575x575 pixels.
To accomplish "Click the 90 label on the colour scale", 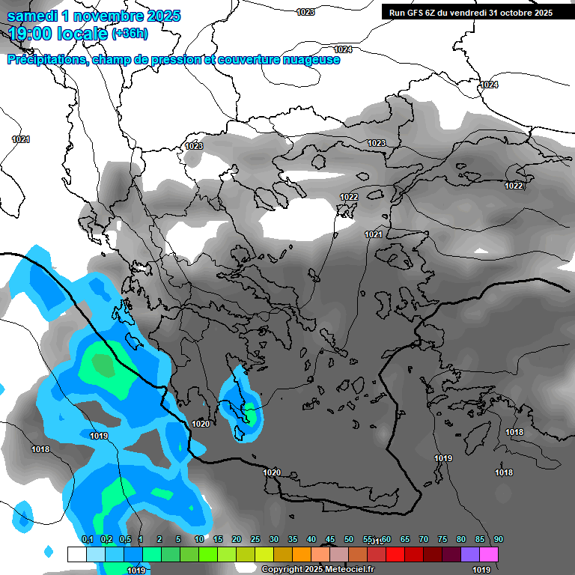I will click(x=499, y=540).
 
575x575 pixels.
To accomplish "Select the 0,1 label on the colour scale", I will click(x=87, y=540).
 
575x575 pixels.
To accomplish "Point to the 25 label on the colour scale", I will click(x=255, y=540).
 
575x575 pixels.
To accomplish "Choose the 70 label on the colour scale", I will click(x=424, y=540).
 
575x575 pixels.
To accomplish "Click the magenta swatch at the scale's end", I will click(x=489, y=554).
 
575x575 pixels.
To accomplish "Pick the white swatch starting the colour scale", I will click(x=76, y=554).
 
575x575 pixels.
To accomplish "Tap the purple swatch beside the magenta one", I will click(x=470, y=554).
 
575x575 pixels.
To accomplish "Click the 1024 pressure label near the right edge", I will click(x=489, y=85).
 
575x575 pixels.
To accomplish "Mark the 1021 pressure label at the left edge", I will click(x=21, y=139).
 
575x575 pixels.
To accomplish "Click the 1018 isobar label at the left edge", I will click(x=40, y=449).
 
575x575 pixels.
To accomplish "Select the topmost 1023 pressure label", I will click(x=305, y=12).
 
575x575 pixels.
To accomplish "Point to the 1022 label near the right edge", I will click(x=514, y=186).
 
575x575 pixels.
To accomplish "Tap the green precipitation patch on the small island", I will click(x=251, y=413).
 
